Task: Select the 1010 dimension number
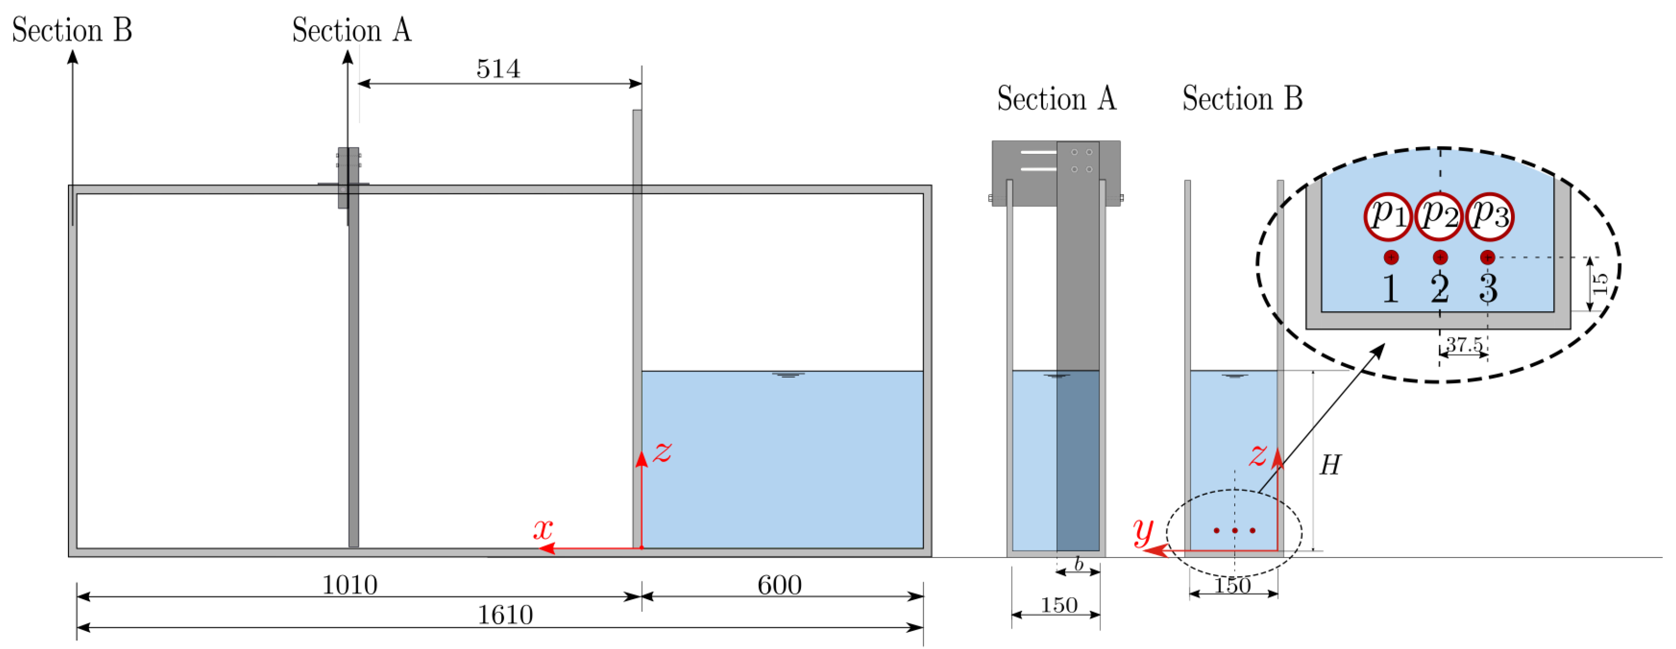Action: tap(350, 585)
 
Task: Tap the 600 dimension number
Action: tap(779, 585)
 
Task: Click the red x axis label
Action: tap(543, 529)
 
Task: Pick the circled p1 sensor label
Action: tap(1388, 216)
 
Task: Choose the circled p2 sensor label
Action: tap(1439, 216)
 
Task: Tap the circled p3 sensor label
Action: tap(1489, 216)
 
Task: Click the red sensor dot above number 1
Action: tap(1391, 257)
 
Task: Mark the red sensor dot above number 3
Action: tap(1487, 257)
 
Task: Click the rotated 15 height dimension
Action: tap(1601, 284)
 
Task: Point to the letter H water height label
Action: tap(1330, 466)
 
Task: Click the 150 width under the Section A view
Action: tap(1059, 605)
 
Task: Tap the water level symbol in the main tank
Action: tap(788, 375)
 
